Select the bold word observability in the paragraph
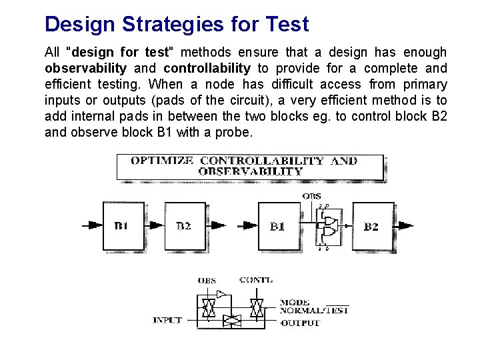[85, 68]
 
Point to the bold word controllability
[207, 68]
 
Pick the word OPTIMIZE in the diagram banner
[162, 161]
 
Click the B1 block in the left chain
[121, 225]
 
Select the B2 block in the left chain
[184, 225]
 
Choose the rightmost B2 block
[371, 226]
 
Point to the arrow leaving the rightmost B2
[404, 226]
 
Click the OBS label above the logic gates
[311, 196]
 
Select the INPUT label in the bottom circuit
[167, 320]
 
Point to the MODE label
[294, 303]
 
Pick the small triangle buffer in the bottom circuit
[221, 292]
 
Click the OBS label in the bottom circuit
[207, 281]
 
